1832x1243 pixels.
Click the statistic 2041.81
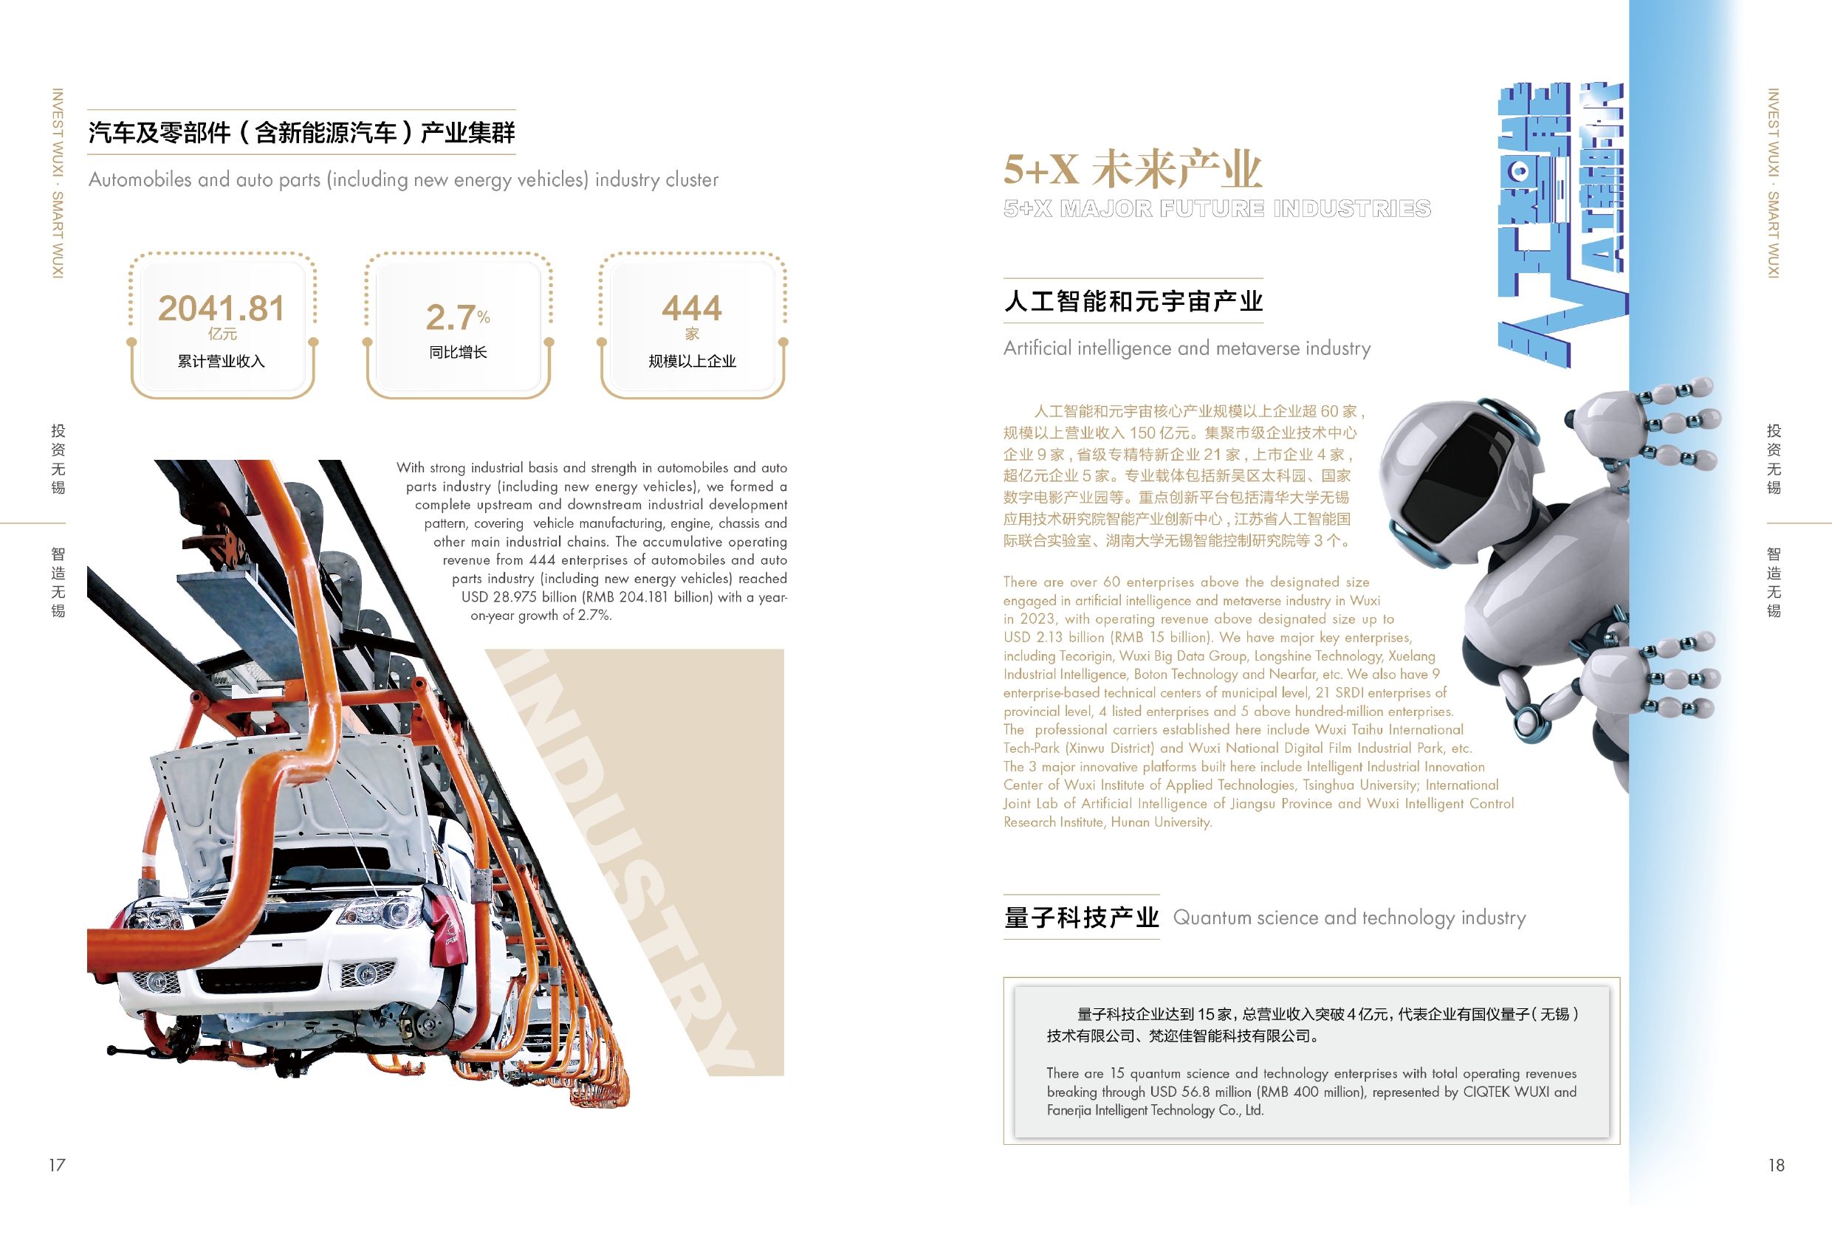click(x=221, y=309)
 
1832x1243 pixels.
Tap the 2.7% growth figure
click(x=458, y=317)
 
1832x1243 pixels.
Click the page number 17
click(x=57, y=1165)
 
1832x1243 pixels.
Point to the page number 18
click(x=1776, y=1165)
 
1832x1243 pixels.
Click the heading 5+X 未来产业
click(x=1132, y=169)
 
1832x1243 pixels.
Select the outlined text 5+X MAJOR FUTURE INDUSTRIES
click(x=1216, y=208)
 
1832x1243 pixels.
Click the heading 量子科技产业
click(x=1081, y=917)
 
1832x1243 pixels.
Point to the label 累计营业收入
click(x=221, y=361)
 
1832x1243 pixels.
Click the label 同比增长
click(x=458, y=352)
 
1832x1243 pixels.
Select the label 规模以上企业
click(x=692, y=361)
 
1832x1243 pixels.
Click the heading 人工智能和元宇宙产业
click(x=1133, y=301)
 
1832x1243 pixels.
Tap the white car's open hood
click(x=292, y=796)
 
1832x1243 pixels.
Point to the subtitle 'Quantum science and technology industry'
click(x=1350, y=917)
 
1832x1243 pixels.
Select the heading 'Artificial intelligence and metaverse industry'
click(x=1187, y=348)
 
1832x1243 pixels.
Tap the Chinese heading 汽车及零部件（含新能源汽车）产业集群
click(x=301, y=132)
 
